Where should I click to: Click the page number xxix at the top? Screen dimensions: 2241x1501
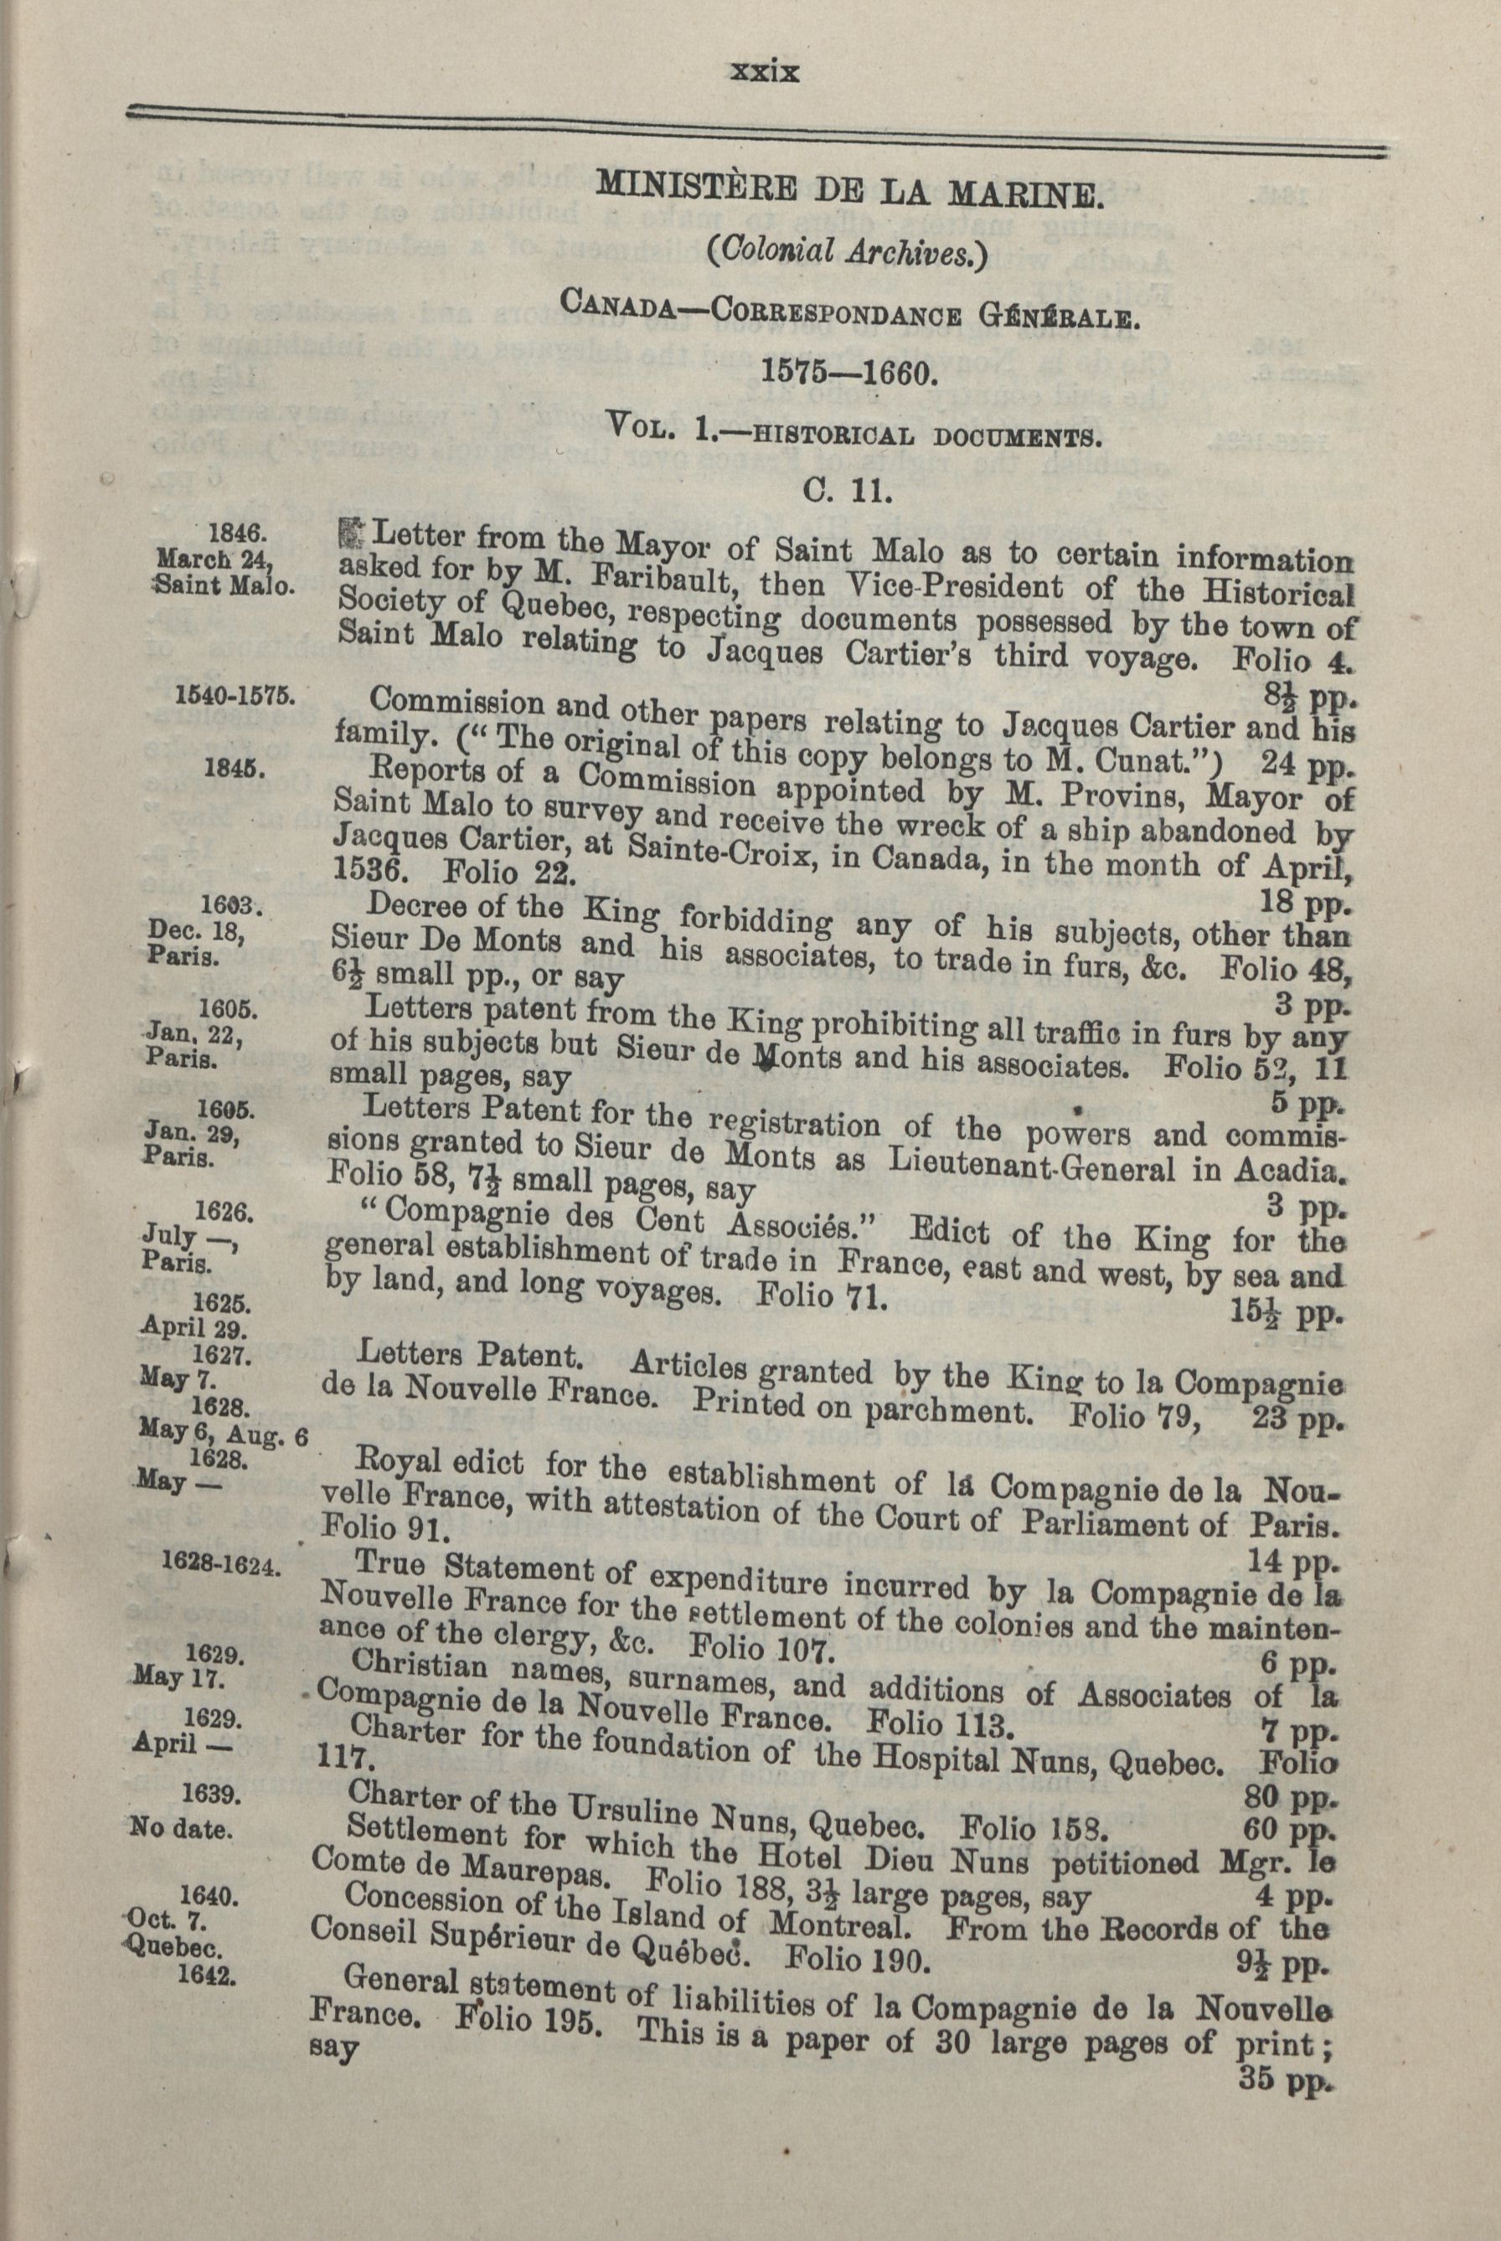pos(763,73)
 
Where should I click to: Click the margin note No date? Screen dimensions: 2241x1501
pos(181,1830)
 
